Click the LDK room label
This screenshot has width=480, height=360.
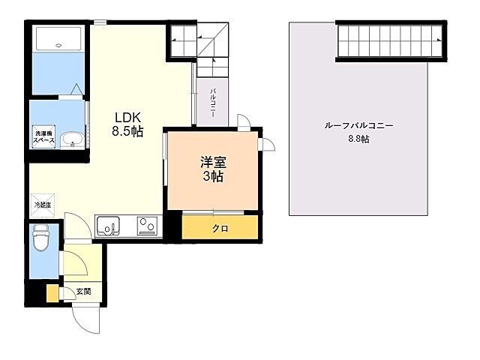[x=128, y=117]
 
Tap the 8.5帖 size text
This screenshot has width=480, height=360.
[x=128, y=130]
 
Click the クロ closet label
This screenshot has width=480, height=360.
[x=220, y=228]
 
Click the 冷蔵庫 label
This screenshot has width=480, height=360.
[x=41, y=204]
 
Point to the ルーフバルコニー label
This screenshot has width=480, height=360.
[x=358, y=126]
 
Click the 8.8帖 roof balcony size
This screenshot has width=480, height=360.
[x=358, y=139]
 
